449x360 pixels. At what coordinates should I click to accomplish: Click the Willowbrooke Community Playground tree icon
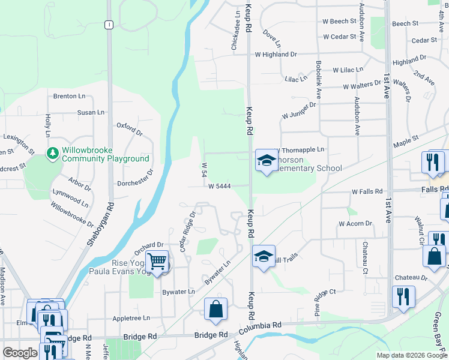pos(53,154)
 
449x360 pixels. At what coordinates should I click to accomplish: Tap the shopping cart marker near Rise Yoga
pos(157,262)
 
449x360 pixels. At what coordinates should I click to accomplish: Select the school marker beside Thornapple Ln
pos(265,160)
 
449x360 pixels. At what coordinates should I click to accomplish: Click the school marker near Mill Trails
pos(264,256)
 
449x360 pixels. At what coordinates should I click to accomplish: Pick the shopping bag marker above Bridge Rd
pos(215,309)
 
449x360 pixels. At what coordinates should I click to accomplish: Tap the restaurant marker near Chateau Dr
pos(402,297)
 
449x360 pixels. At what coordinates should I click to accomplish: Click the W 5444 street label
pos(220,187)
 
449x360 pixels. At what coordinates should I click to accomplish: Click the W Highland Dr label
pos(276,55)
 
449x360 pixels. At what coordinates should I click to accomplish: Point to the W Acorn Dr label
pos(355,224)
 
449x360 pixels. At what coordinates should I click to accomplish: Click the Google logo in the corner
pos(19,353)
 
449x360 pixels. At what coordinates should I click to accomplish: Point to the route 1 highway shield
pos(109,25)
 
